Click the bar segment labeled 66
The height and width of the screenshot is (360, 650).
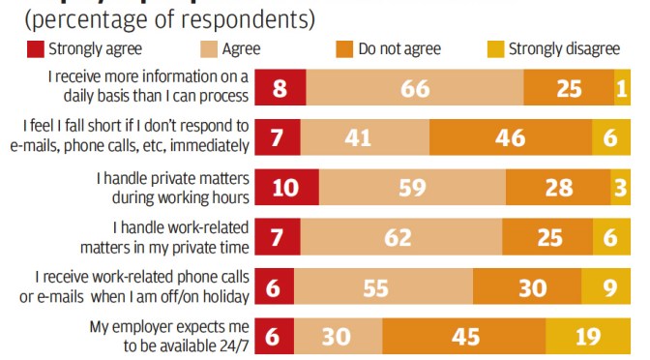[415, 88]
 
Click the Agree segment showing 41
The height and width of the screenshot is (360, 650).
[360, 137]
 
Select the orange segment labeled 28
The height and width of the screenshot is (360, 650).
[559, 187]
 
